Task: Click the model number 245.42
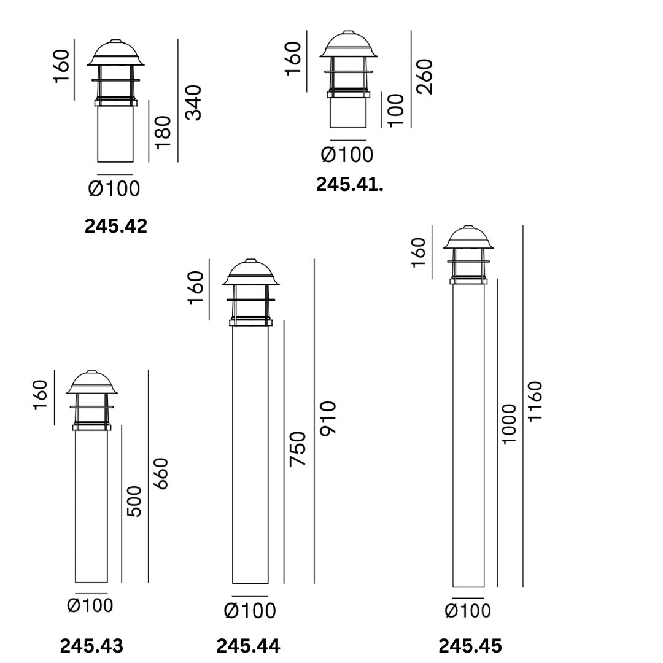116,226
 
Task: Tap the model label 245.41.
350,185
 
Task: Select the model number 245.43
91,646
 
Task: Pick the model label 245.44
248,646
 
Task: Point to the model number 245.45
470,646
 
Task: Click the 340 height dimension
194,103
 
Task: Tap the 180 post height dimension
163,133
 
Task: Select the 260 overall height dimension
425,77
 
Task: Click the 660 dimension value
161,473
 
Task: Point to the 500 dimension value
134,501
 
